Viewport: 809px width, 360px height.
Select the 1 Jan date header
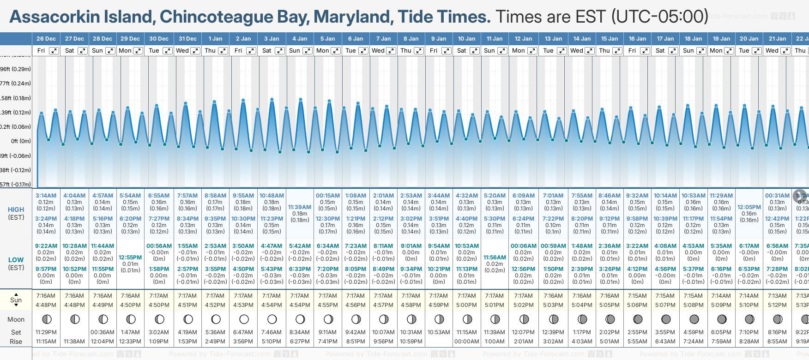click(x=215, y=39)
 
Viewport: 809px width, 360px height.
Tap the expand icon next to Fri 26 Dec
click(x=54, y=51)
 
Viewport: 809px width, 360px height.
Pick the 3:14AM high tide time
click(x=46, y=196)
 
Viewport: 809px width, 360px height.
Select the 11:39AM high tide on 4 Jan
click(x=300, y=207)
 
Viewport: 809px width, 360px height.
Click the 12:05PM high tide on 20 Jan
click(x=749, y=207)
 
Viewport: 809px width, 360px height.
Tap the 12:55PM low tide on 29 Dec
click(x=130, y=258)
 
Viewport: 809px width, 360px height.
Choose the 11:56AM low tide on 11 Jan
click(x=495, y=258)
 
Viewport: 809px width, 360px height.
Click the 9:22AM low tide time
click(x=46, y=246)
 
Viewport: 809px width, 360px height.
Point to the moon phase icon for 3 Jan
click(x=272, y=319)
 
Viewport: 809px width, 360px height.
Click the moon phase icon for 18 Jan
click(x=694, y=319)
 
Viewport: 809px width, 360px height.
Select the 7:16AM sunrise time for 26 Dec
click(x=46, y=296)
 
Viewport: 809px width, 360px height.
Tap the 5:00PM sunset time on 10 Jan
click(x=467, y=305)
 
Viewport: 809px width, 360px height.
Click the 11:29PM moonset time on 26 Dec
click(x=46, y=332)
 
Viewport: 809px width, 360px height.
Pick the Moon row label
click(x=16, y=319)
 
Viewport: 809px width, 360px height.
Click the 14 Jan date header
click(x=582, y=39)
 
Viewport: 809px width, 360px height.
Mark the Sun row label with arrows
click(x=16, y=300)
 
